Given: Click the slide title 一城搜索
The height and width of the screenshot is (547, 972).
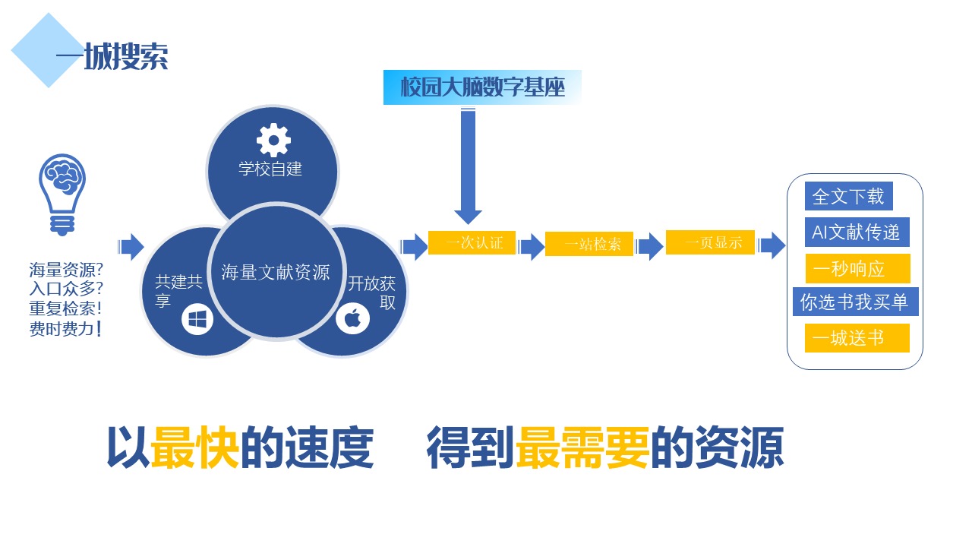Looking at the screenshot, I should point(112,56).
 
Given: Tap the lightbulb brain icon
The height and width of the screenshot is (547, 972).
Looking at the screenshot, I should point(62,192).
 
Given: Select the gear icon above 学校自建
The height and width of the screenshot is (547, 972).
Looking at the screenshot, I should point(273,140).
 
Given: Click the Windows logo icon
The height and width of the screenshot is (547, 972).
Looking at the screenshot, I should point(197,320).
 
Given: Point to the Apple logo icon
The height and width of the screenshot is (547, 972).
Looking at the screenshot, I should point(352,319).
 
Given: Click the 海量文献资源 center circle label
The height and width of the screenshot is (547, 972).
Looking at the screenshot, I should point(276,272).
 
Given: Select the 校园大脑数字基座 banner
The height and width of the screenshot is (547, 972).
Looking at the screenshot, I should point(482,87).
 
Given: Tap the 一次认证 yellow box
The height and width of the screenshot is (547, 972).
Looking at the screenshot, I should point(472,243).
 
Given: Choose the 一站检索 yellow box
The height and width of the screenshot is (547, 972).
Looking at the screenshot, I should point(589,245).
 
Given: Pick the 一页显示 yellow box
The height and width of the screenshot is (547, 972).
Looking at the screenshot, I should point(710,243).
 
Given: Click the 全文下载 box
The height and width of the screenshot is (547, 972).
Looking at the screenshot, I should point(848,196).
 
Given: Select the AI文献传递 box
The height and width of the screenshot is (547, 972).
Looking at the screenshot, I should point(857,232).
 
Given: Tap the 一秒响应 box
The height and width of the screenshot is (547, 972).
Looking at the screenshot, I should point(857,269).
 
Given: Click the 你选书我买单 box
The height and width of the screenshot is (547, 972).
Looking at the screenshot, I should point(854,302).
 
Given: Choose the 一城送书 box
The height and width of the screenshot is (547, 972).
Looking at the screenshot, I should point(857,337).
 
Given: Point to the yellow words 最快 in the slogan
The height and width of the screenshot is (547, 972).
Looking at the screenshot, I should point(195,447).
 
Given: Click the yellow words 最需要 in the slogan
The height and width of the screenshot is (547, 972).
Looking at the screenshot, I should point(582,447).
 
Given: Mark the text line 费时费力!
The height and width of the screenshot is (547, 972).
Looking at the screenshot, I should point(65,329).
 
